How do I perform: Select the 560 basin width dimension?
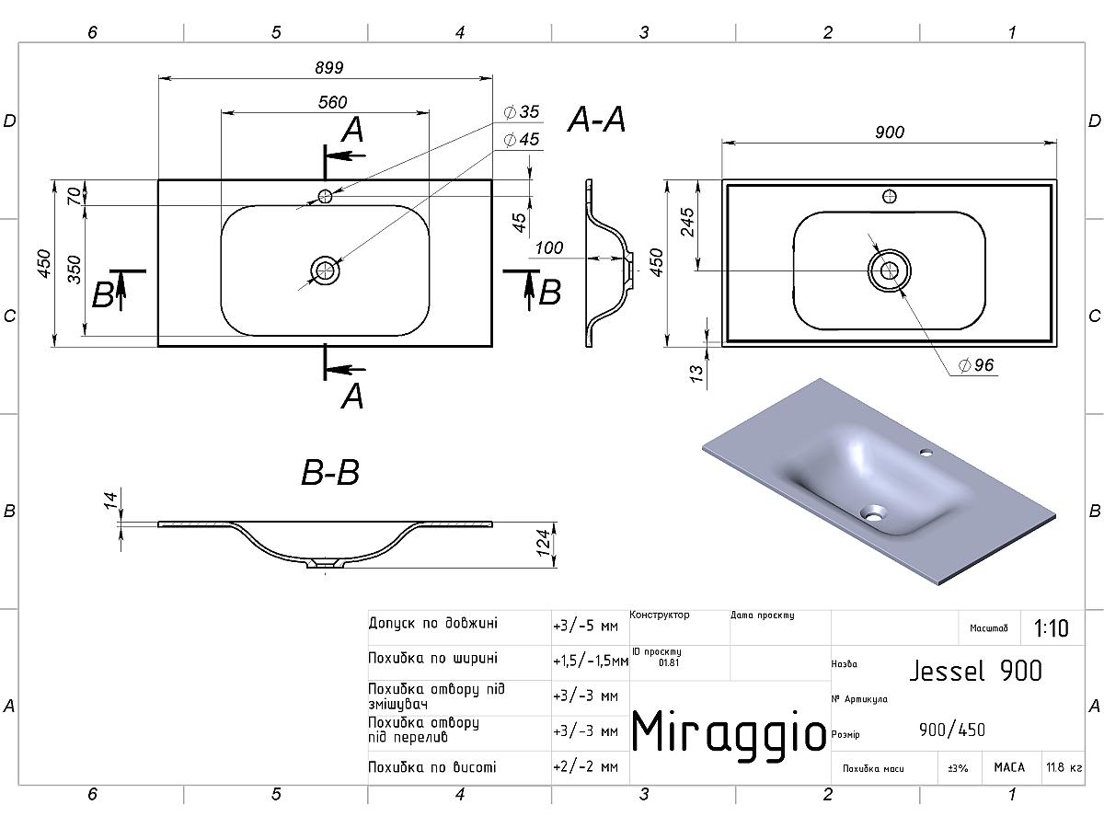332,102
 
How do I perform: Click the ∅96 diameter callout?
976,365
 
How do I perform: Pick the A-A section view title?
596,120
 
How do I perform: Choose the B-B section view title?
330,473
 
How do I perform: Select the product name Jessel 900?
975,671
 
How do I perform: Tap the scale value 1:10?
1051,628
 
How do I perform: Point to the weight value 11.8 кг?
1064,767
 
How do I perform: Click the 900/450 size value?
952,730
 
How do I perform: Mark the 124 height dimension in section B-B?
545,543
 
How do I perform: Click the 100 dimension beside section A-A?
548,247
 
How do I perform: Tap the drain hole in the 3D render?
873,511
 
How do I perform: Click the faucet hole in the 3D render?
924,453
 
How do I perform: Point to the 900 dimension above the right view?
889,132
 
